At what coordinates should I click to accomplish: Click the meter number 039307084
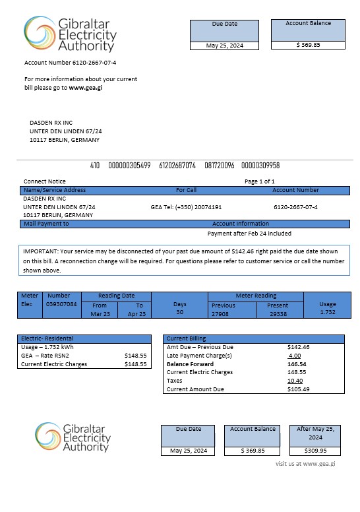61,305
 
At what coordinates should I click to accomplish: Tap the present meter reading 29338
278,314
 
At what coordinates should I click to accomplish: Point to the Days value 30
179,313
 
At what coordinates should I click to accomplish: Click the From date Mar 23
100,314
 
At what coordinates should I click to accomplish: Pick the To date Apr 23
139,314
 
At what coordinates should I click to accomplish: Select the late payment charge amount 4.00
294,355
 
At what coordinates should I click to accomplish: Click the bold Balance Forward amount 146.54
297,364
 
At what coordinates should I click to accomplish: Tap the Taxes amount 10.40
295,381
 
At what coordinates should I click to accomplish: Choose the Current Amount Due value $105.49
299,389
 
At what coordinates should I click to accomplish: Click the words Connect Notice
45,181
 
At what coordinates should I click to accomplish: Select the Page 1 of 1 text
260,181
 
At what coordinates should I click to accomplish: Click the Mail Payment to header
46,224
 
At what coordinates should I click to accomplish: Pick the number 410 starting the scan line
94,166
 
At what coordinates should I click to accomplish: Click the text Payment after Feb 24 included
249,234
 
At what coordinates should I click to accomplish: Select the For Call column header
186,190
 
